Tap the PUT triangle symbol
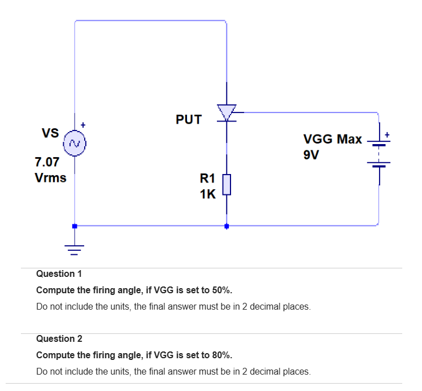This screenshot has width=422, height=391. click(227, 112)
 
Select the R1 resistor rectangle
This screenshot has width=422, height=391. click(227, 184)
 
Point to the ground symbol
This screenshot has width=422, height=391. click(74, 246)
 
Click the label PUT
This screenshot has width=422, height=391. click(188, 119)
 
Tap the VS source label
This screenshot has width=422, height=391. click(50, 133)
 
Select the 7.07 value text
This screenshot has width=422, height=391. click(47, 162)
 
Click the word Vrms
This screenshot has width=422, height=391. click(50, 177)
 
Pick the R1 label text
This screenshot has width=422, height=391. click(207, 179)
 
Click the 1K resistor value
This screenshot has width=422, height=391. click(207, 194)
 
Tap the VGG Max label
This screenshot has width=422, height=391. click(333, 139)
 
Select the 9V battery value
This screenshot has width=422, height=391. click(311, 155)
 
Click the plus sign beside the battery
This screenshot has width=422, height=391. click(387, 135)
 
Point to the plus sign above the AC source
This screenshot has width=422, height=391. click(83, 124)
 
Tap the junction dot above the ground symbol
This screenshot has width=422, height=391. click(74, 225)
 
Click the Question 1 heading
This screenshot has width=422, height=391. click(59, 273)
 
